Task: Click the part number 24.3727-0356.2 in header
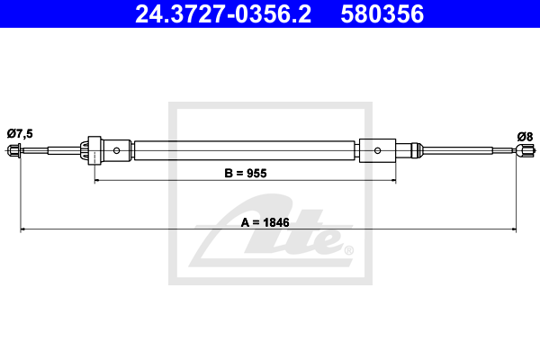(223, 14)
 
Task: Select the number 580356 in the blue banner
(382, 14)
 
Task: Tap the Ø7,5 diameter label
(20, 133)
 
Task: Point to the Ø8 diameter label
(525, 137)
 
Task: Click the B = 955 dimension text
(246, 173)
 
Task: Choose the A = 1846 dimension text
(265, 222)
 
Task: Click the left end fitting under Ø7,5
(13, 150)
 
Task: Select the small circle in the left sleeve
(116, 150)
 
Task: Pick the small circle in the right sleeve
(377, 150)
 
